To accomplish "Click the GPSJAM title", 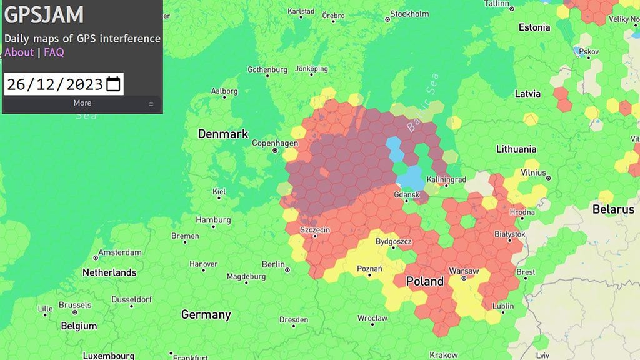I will [44, 15].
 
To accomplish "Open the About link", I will [19, 52].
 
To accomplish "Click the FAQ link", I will [54, 52].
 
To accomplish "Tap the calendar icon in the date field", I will [113, 84].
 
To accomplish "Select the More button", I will [82, 103].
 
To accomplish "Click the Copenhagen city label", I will [273, 143].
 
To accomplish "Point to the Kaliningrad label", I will [446, 179].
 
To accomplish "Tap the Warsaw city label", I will [464, 271].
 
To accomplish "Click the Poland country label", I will [425, 281].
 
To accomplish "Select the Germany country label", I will [206, 315].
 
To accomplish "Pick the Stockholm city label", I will [409, 14].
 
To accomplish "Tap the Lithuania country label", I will [516, 149].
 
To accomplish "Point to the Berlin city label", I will [273, 264].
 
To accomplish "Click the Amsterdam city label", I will [121, 252].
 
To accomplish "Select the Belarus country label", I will [613, 209].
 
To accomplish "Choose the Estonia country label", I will [534, 27].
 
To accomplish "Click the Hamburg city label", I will [213, 220].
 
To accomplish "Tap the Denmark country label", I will [223, 134].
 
